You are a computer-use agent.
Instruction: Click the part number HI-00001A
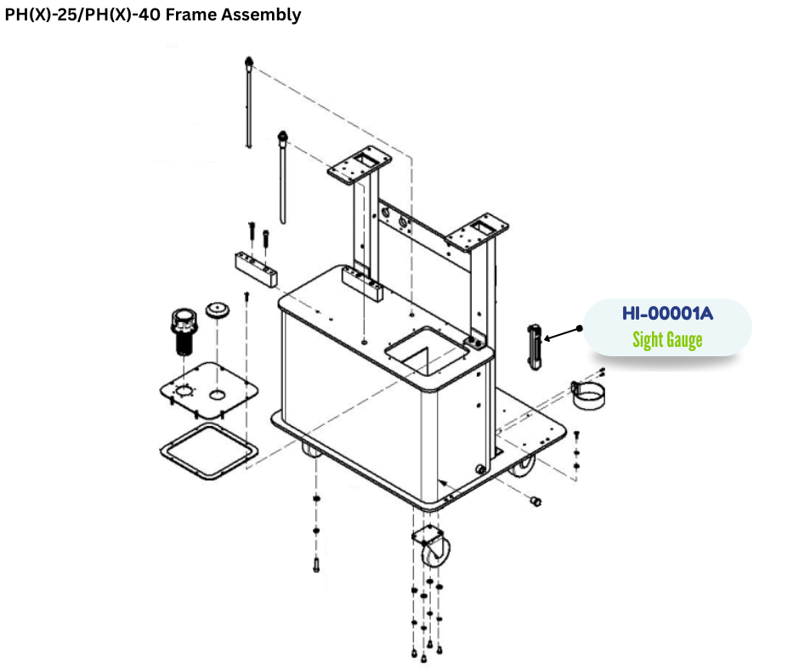[x=667, y=314]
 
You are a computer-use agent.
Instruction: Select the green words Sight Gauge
[x=667, y=340]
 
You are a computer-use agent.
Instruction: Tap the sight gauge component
[x=534, y=347]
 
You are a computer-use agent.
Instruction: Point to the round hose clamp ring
[x=586, y=395]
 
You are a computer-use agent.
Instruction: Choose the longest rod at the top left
[x=247, y=102]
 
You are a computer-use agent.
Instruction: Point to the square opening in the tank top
[x=423, y=350]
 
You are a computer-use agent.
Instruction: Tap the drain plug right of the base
[x=536, y=502]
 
